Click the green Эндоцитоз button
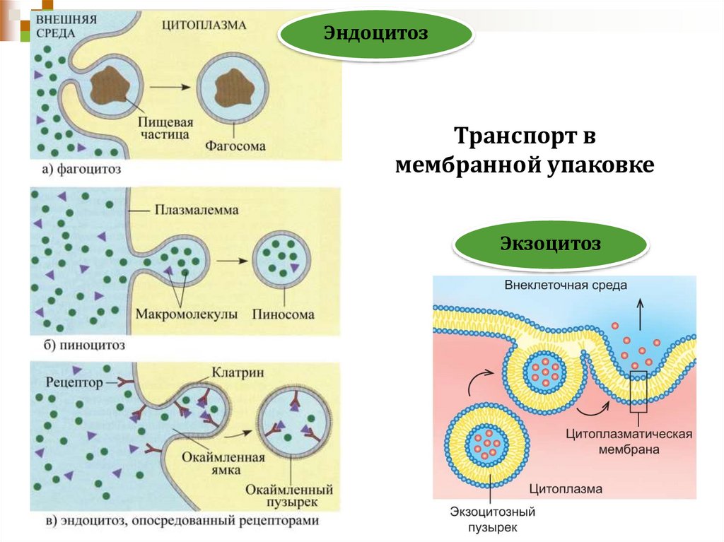tap(375, 33)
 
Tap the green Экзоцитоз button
tap(551, 245)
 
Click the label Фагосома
tap(236, 146)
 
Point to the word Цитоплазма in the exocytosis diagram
tap(565, 488)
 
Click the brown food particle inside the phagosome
tap(230, 87)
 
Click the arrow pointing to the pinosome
tap(231, 260)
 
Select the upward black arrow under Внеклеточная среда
tap(643, 314)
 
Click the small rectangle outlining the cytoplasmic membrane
tap(638, 391)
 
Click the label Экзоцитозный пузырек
tap(493, 518)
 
